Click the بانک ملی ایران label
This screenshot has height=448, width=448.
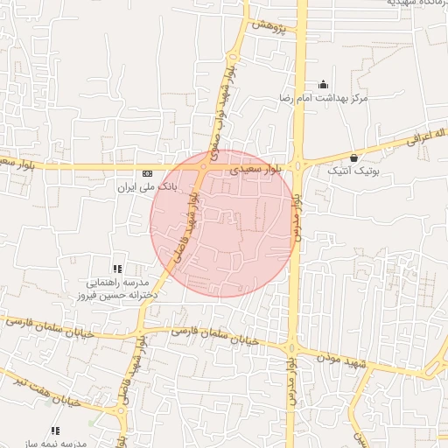[x=147, y=186]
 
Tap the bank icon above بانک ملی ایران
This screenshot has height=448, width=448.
[x=147, y=173]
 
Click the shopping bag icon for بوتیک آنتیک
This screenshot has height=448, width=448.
[x=353, y=158]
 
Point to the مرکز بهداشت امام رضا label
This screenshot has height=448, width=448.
[x=324, y=97]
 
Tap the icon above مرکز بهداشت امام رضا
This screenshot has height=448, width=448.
[x=324, y=85]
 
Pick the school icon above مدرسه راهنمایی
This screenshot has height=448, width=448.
[x=117, y=269]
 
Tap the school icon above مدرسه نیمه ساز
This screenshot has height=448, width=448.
[x=55, y=430]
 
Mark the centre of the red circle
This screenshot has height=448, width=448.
[x=221, y=223]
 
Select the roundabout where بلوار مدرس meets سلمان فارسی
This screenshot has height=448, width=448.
[x=290, y=347]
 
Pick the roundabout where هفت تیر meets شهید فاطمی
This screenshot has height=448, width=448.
[x=119, y=410]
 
